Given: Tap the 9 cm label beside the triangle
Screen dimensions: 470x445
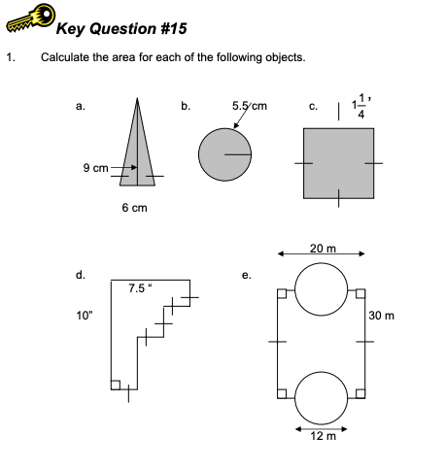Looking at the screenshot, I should [x=95, y=167].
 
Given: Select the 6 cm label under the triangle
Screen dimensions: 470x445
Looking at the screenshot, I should [x=134, y=208].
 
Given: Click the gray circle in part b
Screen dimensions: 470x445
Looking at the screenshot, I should [x=224, y=153].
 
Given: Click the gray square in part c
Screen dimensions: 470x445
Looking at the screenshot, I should [x=339, y=163].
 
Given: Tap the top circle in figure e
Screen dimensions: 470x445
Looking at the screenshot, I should [x=321, y=288].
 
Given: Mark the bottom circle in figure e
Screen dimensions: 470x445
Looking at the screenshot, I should [x=321, y=395].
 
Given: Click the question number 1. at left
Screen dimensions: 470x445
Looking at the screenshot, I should [x=11, y=56].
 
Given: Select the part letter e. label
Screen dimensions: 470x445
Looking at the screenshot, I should [x=248, y=275].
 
